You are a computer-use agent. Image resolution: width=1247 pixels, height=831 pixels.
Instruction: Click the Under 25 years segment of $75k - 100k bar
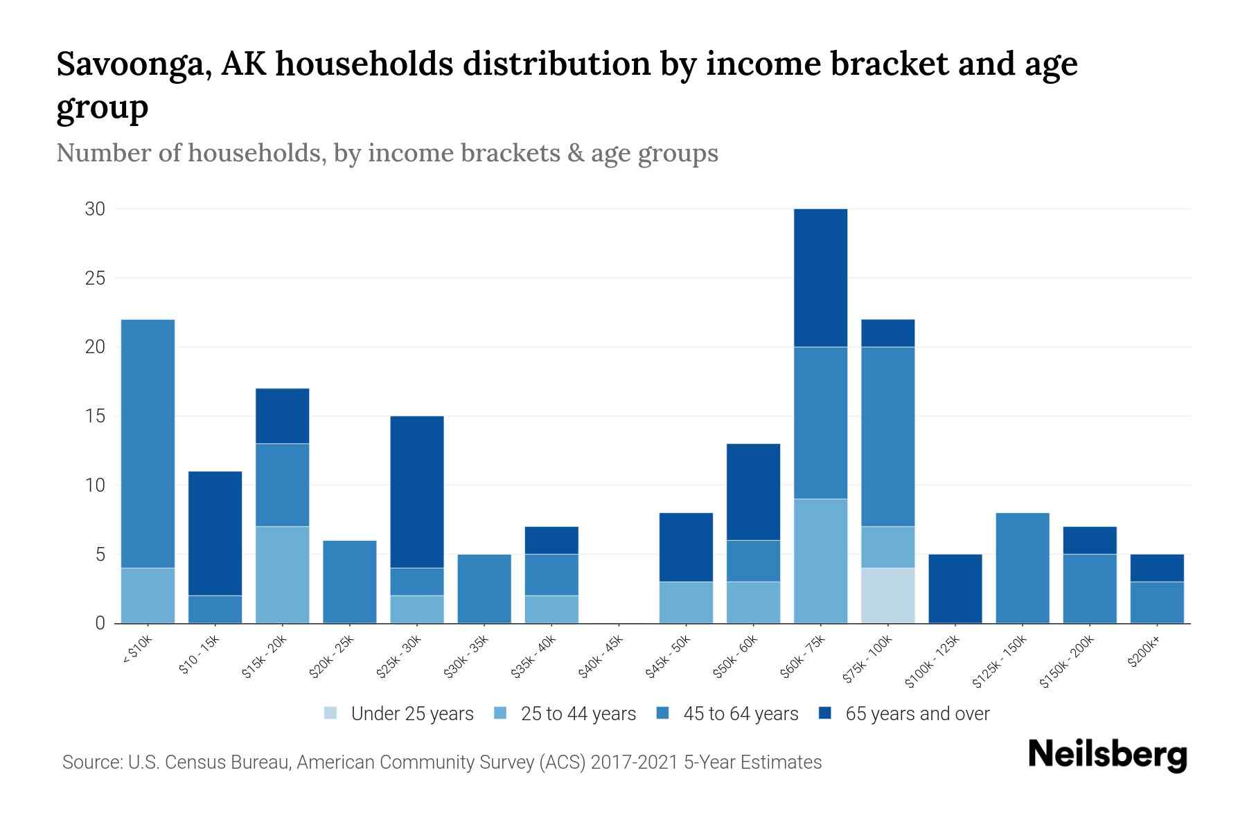click(887, 596)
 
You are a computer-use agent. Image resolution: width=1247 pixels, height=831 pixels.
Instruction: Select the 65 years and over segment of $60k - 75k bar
click(820, 278)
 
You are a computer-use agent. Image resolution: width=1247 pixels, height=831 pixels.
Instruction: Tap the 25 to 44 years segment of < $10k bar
click(148, 596)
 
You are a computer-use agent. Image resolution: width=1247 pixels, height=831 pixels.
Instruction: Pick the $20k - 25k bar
click(350, 582)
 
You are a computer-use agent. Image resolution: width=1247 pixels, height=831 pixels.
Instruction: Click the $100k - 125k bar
click(955, 589)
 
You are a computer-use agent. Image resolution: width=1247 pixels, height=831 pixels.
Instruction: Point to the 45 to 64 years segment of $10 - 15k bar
click(215, 609)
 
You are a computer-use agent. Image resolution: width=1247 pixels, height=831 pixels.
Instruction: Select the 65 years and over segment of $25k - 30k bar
click(417, 492)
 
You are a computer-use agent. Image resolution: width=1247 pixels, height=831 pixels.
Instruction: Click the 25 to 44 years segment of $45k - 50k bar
click(686, 602)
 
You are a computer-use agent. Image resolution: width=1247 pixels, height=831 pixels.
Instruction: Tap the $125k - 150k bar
click(1022, 568)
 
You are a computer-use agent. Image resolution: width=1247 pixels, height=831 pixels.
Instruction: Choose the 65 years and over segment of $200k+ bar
click(1157, 568)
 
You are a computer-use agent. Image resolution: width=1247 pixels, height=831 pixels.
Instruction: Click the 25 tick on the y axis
click(95, 278)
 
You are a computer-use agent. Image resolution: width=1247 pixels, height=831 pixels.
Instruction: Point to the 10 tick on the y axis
click(95, 485)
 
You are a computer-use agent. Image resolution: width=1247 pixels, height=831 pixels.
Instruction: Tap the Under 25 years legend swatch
click(331, 713)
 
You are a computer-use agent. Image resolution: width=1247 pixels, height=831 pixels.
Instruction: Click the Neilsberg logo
click(1107, 755)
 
